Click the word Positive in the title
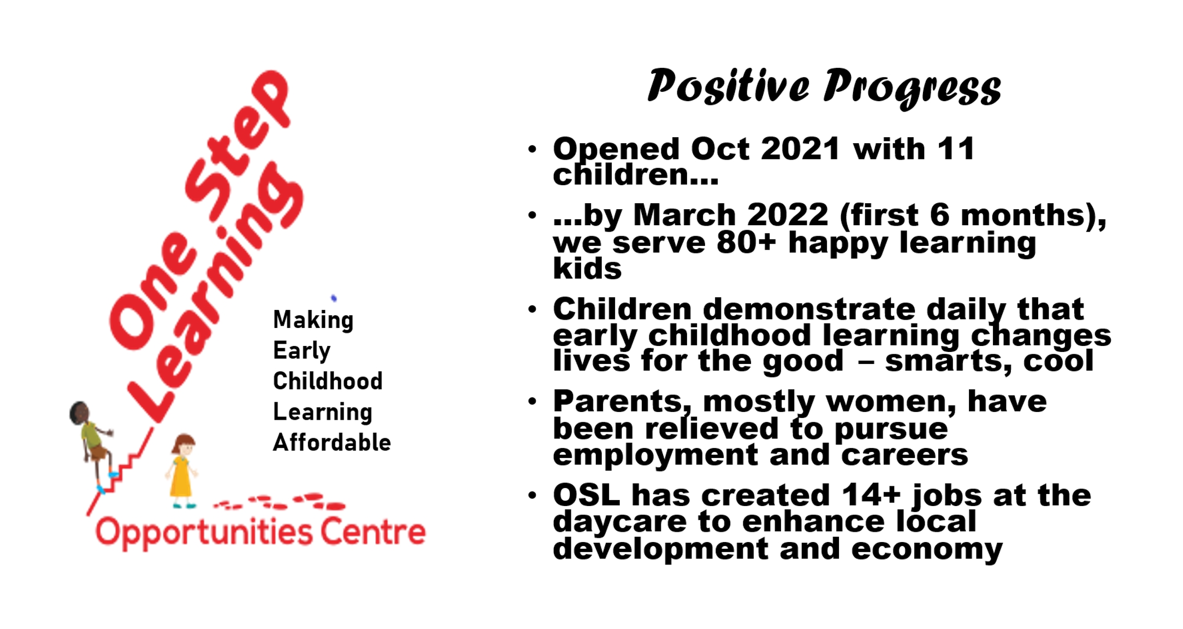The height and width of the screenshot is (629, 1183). [728, 86]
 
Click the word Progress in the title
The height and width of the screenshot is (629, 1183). [912, 88]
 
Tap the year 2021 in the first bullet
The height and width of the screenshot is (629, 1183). [800, 149]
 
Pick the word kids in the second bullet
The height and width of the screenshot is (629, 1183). [587, 268]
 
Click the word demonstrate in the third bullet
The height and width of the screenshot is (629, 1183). [809, 309]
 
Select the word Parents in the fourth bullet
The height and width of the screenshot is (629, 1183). [618, 402]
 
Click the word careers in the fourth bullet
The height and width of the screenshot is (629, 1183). [904, 455]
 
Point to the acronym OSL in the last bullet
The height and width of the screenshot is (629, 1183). [587, 495]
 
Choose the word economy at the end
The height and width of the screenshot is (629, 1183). [927, 549]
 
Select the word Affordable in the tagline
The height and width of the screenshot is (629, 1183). [332, 442]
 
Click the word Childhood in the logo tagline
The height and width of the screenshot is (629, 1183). [328, 381]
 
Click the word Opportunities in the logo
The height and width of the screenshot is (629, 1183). [204, 533]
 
